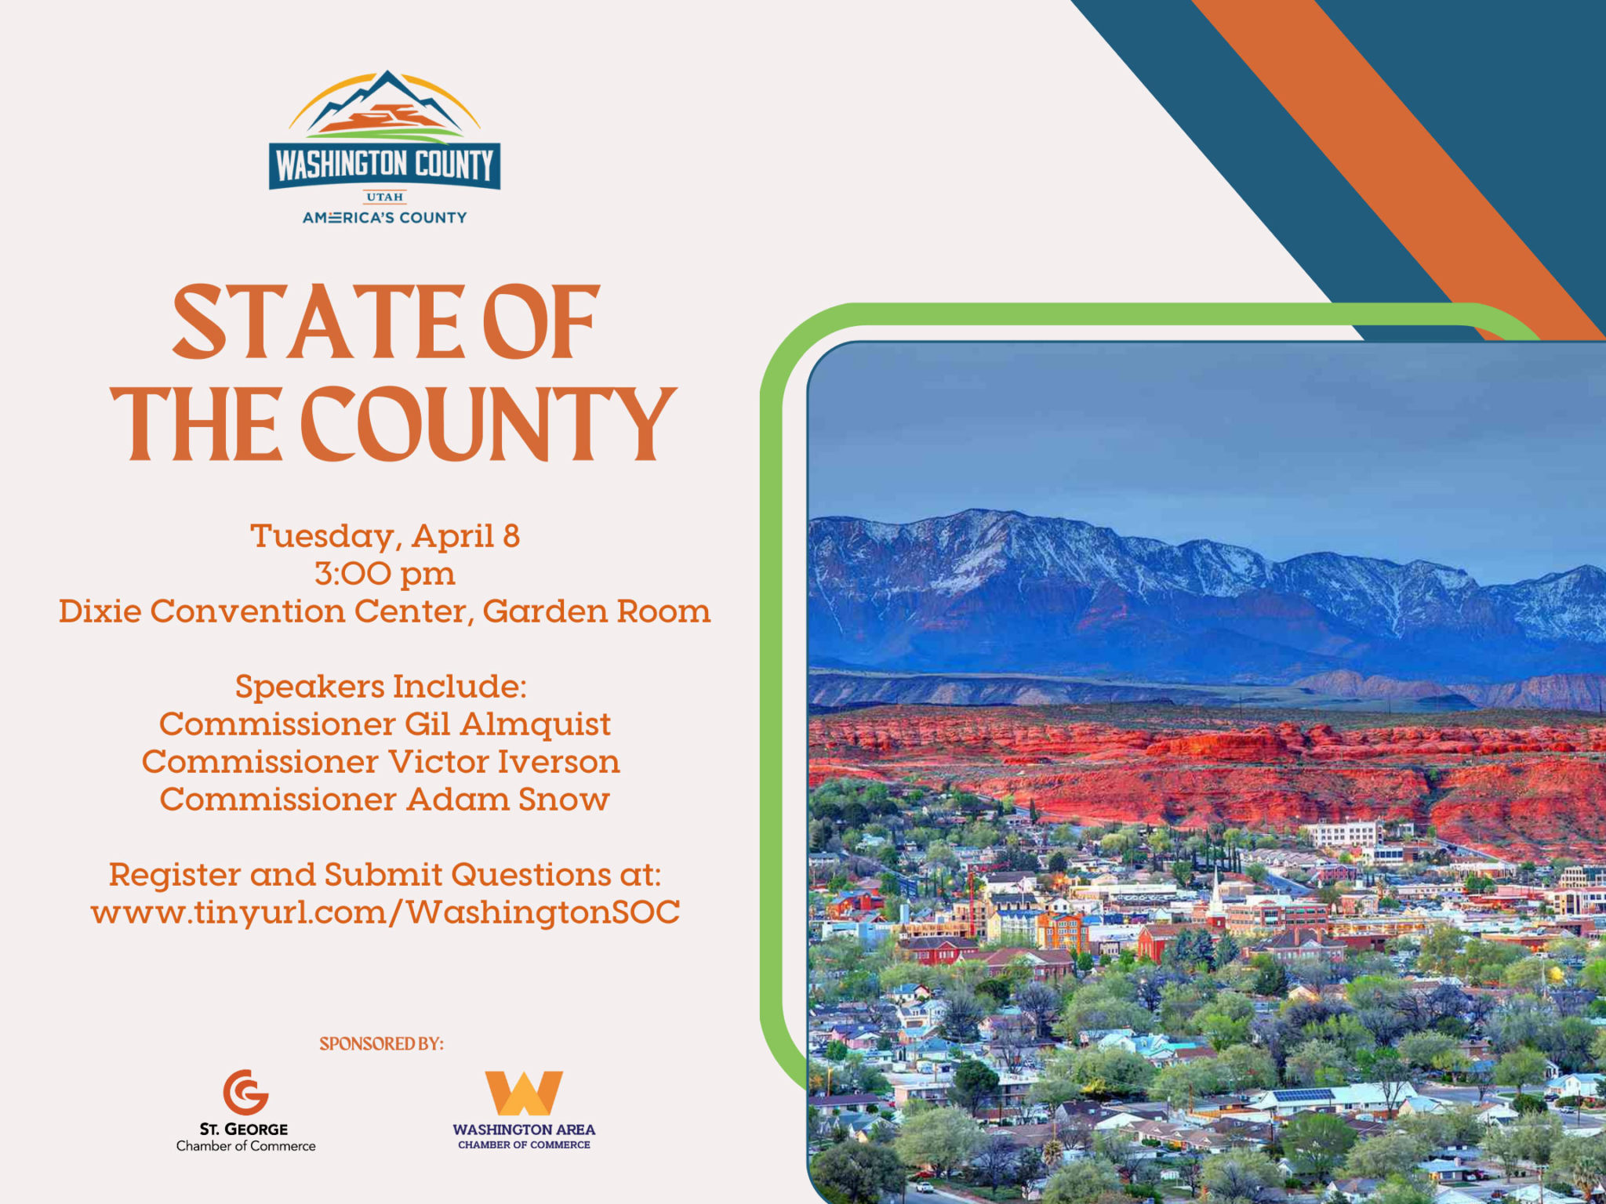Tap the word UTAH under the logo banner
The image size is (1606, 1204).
coord(384,197)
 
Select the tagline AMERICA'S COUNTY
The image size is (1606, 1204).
coord(384,217)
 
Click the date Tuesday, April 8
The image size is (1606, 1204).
coord(385,536)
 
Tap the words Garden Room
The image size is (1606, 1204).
coord(597,611)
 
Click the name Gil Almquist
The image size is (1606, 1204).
coord(508,724)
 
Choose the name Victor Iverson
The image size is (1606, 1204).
coord(504,762)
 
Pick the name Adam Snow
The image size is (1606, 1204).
coord(508,800)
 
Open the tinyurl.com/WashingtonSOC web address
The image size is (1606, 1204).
coord(385,912)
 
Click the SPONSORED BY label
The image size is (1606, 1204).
coord(381,1044)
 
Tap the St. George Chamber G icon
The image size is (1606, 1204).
coord(246,1092)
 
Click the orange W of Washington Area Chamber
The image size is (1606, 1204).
coord(524,1093)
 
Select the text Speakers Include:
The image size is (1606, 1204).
coord(381,687)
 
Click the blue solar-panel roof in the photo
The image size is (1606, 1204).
coord(1303,1094)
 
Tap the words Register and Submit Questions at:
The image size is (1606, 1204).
coord(385,875)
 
